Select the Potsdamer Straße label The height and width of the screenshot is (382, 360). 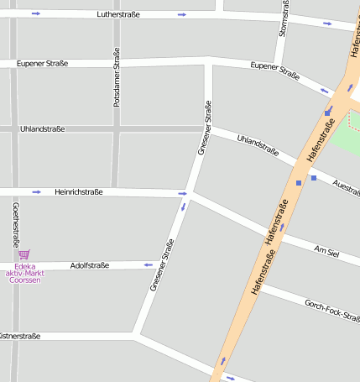pos(117,76)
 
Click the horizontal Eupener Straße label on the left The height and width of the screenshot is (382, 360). pos(42,63)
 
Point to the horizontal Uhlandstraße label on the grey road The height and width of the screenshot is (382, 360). pos(42,128)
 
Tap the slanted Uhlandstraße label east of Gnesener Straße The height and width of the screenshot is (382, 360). pos(258,145)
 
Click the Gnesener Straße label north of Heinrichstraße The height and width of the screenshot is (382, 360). pos(204,127)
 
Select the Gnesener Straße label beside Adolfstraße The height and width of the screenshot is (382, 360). pos(162,265)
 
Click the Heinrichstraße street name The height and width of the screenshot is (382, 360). pos(78,192)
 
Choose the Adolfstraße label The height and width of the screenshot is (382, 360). pos(90,265)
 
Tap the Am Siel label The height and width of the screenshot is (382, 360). pos(326,251)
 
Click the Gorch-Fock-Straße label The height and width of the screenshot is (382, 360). pos(331,311)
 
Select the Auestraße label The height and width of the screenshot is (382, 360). pos(346,186)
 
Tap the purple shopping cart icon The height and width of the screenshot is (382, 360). pos(23,254)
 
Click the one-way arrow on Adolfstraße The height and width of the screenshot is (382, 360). pos(149,265)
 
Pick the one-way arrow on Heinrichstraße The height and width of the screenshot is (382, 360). pos(36,192)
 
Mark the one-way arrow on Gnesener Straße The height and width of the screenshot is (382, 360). pos(182,207)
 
